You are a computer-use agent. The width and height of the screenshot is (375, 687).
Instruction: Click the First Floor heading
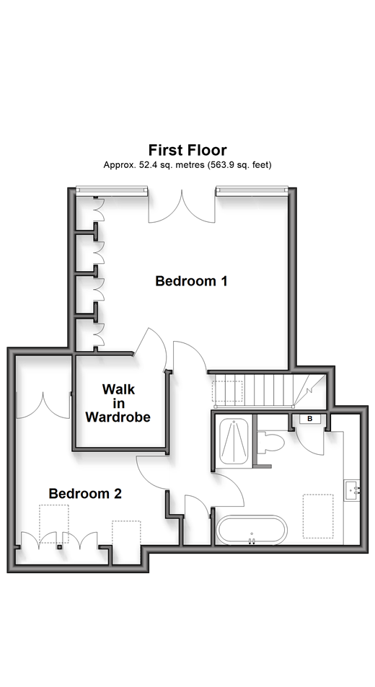(x=187, y=150)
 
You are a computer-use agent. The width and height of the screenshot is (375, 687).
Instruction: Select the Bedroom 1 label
(x=191, y=281)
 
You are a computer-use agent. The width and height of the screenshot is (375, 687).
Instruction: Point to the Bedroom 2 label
(x=85, y=494)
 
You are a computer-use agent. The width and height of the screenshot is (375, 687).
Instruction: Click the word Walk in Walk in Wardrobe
(x=118, y=389)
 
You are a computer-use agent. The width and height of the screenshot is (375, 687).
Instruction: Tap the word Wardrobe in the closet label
(x=118, y=417)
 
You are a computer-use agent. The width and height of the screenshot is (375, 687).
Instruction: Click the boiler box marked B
(x=309, y=419)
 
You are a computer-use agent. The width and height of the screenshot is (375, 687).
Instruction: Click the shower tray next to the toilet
(x=234, y=441)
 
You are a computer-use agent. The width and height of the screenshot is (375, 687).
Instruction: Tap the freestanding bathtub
(x=252, y=531)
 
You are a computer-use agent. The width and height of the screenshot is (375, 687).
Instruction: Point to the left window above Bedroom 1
(x=112, y=190)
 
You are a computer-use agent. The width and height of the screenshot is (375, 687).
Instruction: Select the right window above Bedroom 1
(x=252, y=190)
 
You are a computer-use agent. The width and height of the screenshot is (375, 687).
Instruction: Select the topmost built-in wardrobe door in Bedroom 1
(x=99, y=210)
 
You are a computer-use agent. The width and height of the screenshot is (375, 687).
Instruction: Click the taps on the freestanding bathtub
(x=252, y=541)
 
